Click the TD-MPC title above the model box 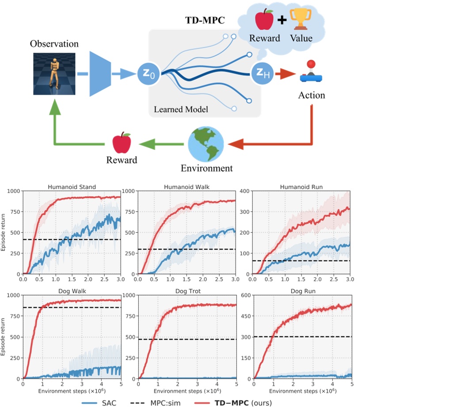[205, 21]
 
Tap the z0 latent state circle [149, 73]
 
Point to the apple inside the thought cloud [264, 21]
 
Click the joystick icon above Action [311, 72]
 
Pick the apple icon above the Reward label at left [122, 143]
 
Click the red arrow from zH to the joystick [283, 73]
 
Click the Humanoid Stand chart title [72, 187]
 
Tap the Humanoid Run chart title [301, 187]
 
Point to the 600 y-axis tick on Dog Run [244, 295]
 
